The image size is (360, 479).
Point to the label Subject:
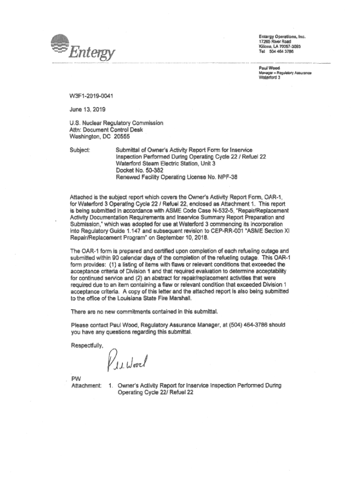point(79,150)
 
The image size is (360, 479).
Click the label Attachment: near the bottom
point(86,385)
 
